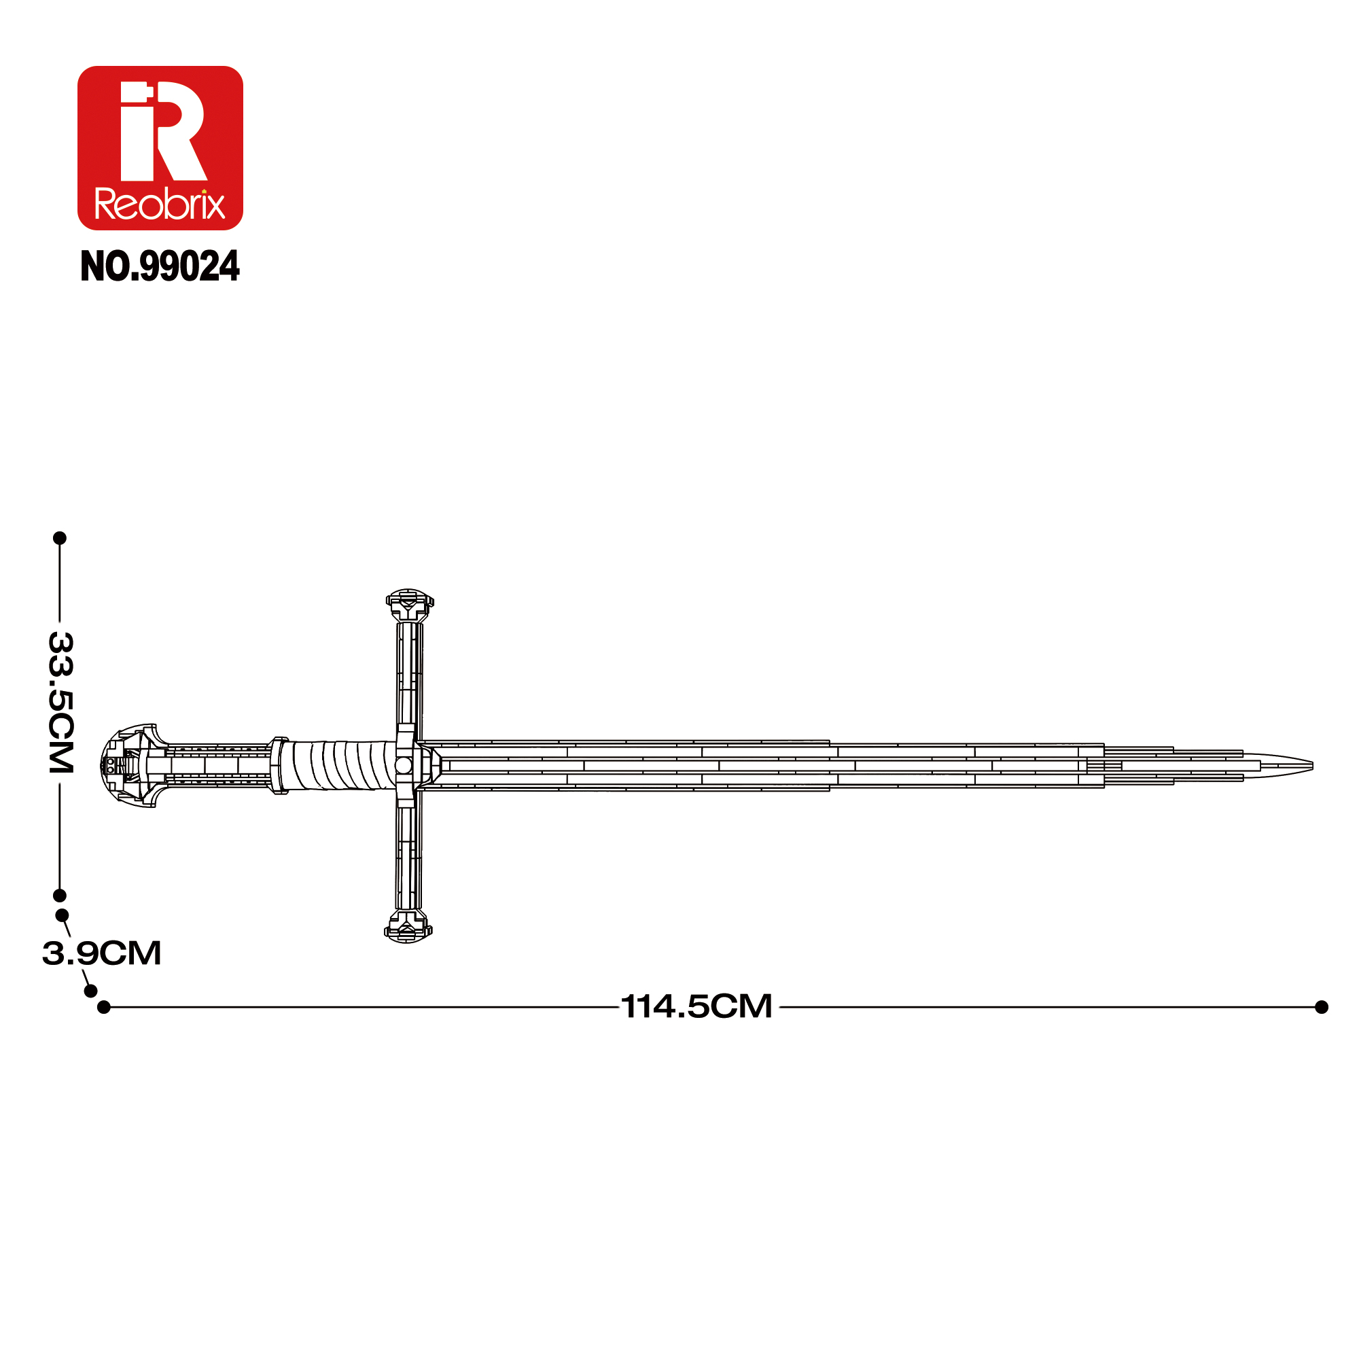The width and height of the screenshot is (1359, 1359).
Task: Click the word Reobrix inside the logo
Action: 160,205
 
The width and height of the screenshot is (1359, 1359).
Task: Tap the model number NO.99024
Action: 160,266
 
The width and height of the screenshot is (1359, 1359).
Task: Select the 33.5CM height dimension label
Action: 60,703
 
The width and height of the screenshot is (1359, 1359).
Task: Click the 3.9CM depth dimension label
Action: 102,953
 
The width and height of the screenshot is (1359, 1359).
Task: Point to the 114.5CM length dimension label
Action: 696,1006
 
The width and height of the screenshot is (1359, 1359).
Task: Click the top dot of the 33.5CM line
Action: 60,538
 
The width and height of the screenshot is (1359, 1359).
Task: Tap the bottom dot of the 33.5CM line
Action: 60,896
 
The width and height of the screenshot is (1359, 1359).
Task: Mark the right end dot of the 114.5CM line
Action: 1322,1007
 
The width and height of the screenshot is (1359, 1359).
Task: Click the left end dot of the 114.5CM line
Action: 104,1007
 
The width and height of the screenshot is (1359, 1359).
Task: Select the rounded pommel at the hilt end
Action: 130,765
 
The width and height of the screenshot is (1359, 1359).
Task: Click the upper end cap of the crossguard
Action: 409,605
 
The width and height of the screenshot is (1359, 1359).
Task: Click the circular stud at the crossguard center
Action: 404,765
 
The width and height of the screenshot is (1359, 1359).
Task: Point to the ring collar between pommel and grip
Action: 279,765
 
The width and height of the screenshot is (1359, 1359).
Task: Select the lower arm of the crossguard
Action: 408,858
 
